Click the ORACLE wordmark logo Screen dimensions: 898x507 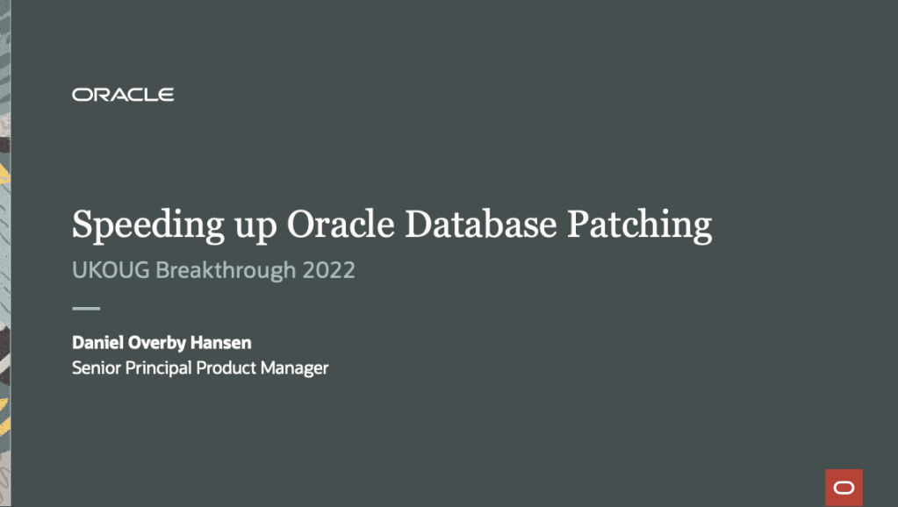pos(123,95)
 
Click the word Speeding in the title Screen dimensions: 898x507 pos(147,225)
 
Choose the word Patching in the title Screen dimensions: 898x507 pos(640,225)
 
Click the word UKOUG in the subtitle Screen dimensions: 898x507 pos(111,270)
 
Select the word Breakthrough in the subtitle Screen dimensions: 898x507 pos(226,271)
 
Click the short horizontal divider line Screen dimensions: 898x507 pos(86,309)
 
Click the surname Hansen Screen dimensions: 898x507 pos(221,342)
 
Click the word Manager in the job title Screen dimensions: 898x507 pos(294,368)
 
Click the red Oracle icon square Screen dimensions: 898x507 pos(844,488)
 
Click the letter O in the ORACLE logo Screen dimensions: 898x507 pos(81,95)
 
